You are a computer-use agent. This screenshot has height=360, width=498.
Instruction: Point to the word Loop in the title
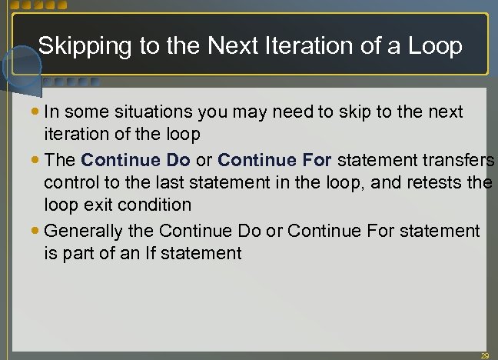click(433, 46)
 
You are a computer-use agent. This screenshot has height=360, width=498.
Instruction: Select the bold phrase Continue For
click(274, 160)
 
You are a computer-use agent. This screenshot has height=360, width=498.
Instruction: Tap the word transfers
click(461, 160)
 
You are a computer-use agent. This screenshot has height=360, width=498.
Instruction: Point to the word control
click(70, 183)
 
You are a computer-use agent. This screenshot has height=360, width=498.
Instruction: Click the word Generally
click(82, 230)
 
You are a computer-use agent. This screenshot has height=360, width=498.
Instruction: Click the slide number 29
click(484, 355)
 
